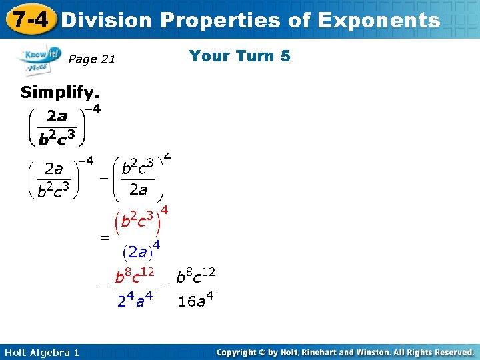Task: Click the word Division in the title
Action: point(106,20)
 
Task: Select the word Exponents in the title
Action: point(379,20)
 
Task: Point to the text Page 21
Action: point(92,60)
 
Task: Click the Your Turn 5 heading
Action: point(239,56)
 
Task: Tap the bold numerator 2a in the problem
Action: point(57,116)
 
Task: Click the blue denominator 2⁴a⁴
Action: point(135,301)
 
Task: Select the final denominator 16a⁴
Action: point(196,301)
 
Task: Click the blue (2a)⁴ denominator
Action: point(141,251)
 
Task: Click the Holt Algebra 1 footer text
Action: point(41,352)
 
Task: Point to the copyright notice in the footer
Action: point(345,352)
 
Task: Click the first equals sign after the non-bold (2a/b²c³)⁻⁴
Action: point(104,179)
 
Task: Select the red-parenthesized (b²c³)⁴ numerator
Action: point(141,218)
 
